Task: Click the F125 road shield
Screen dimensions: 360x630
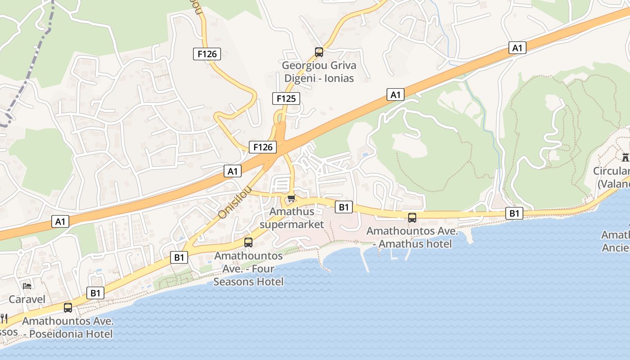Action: (286, 99)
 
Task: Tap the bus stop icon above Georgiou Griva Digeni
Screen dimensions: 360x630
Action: (319, 52)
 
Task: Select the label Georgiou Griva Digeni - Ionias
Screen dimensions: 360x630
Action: (319, 72)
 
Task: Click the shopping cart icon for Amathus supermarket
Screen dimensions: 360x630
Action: (291, 198)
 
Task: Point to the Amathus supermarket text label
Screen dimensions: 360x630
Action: (292, 218)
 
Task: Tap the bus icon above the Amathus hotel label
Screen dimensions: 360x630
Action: (412, 218)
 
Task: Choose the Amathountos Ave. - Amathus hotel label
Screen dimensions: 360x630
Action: (412, 238)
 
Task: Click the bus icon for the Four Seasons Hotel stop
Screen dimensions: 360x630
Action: (248, 243)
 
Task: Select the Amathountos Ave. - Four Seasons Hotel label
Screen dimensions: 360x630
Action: (248, 269)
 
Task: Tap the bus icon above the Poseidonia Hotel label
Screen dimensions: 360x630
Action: (68, 308)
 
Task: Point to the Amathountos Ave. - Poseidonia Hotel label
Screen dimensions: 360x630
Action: (68, 328)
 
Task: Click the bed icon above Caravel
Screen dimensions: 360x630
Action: (27, 286)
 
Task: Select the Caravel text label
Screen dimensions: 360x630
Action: (27, 299)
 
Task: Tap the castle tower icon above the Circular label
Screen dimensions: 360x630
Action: (625, 157)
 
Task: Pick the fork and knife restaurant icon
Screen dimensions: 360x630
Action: (4, 319)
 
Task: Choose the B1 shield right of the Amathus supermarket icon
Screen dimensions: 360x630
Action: (343, 207)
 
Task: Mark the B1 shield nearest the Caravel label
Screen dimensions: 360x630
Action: (95, 293)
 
